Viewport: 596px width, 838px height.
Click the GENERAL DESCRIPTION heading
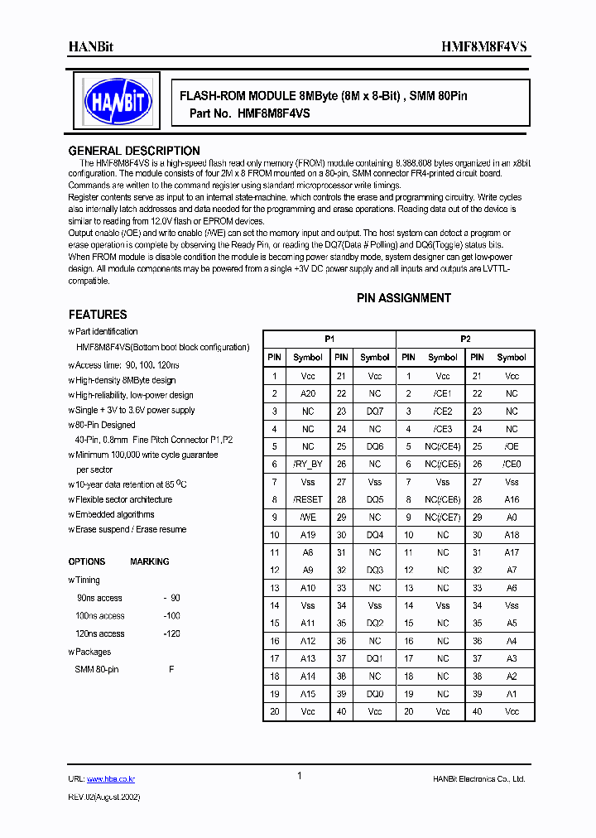pos(134,151)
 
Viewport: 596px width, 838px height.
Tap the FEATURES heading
pos(98,315)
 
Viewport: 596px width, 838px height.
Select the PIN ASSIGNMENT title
pos(404,298)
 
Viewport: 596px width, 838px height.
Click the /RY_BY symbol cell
pos(308,465)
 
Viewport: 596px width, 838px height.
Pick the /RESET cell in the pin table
pos(308,500)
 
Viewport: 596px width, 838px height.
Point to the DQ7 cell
pos(375,412)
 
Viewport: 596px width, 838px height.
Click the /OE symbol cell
pos(512,447)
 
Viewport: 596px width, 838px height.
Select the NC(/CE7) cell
pos(443,518)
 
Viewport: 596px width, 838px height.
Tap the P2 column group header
pos(465,340)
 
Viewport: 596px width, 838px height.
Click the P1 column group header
pos(329,340)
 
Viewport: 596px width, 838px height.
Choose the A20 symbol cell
pos(308,394)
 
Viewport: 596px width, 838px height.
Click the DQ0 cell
pos(375,694)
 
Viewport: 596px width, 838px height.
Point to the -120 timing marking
pos(171,634)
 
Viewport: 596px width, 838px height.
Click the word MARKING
pos(150,561)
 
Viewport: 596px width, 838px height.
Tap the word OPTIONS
pos(87,561)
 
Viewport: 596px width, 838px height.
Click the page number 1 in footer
pos(299,776)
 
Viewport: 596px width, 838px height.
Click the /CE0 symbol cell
pos(512,465)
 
